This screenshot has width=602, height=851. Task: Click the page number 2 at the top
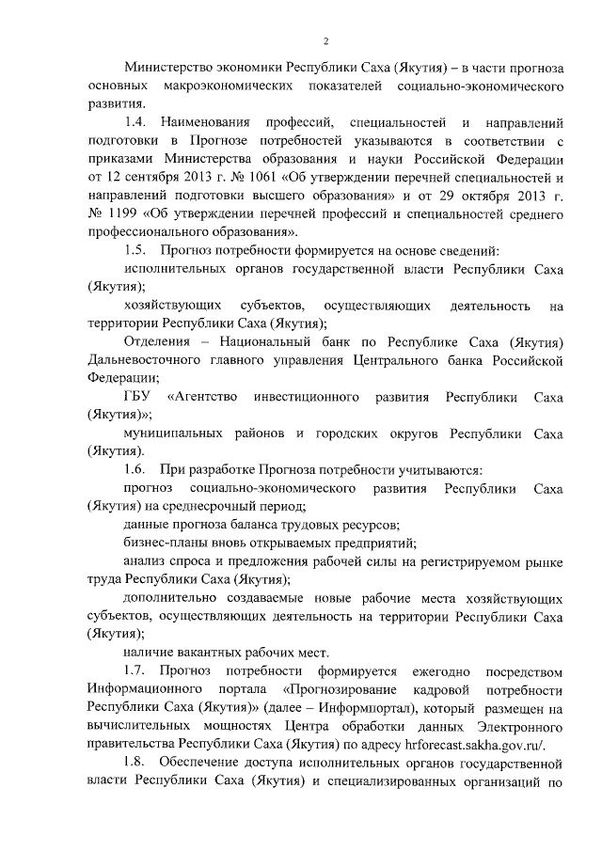point(325,40)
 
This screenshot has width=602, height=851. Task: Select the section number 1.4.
point(136,123)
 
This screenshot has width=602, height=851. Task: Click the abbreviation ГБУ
point(138,397)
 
